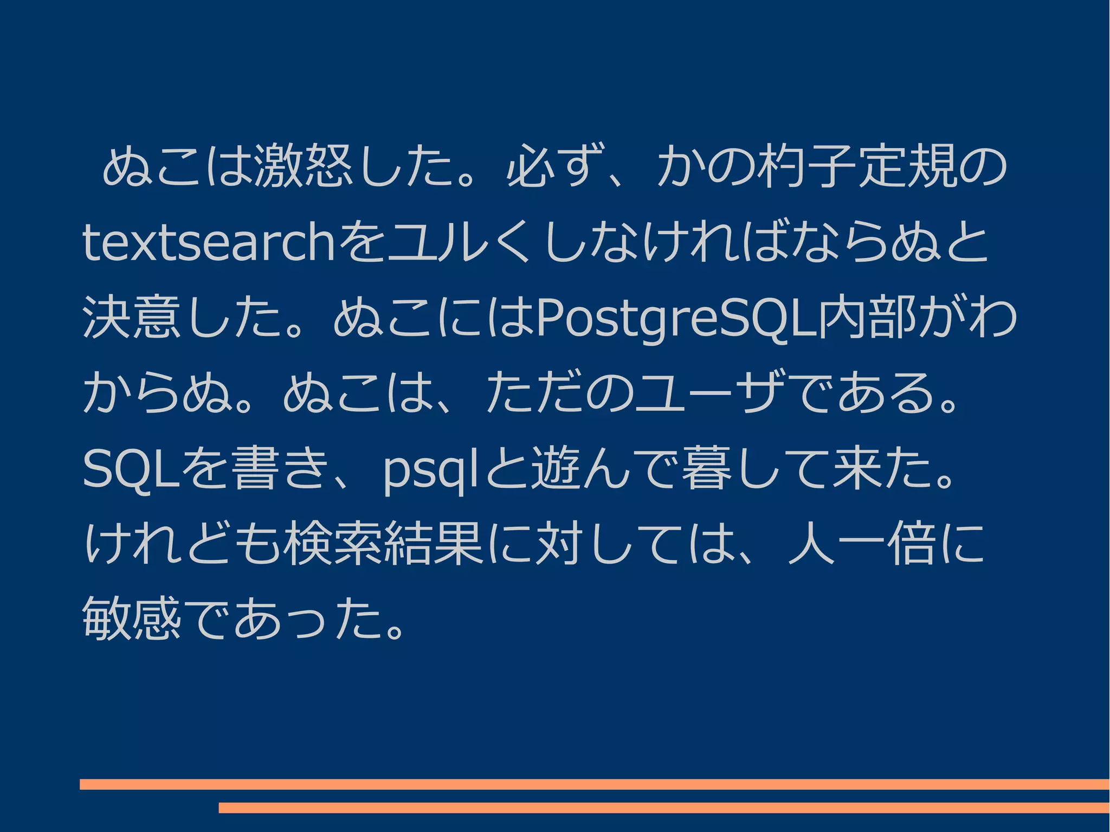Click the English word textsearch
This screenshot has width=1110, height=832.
pyautogui.click(x=209, y=242)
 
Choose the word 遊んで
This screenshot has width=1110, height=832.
pyautogui.click(x=604, y=469)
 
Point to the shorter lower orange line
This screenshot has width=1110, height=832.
pyautogui.click(x=664, y=808)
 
